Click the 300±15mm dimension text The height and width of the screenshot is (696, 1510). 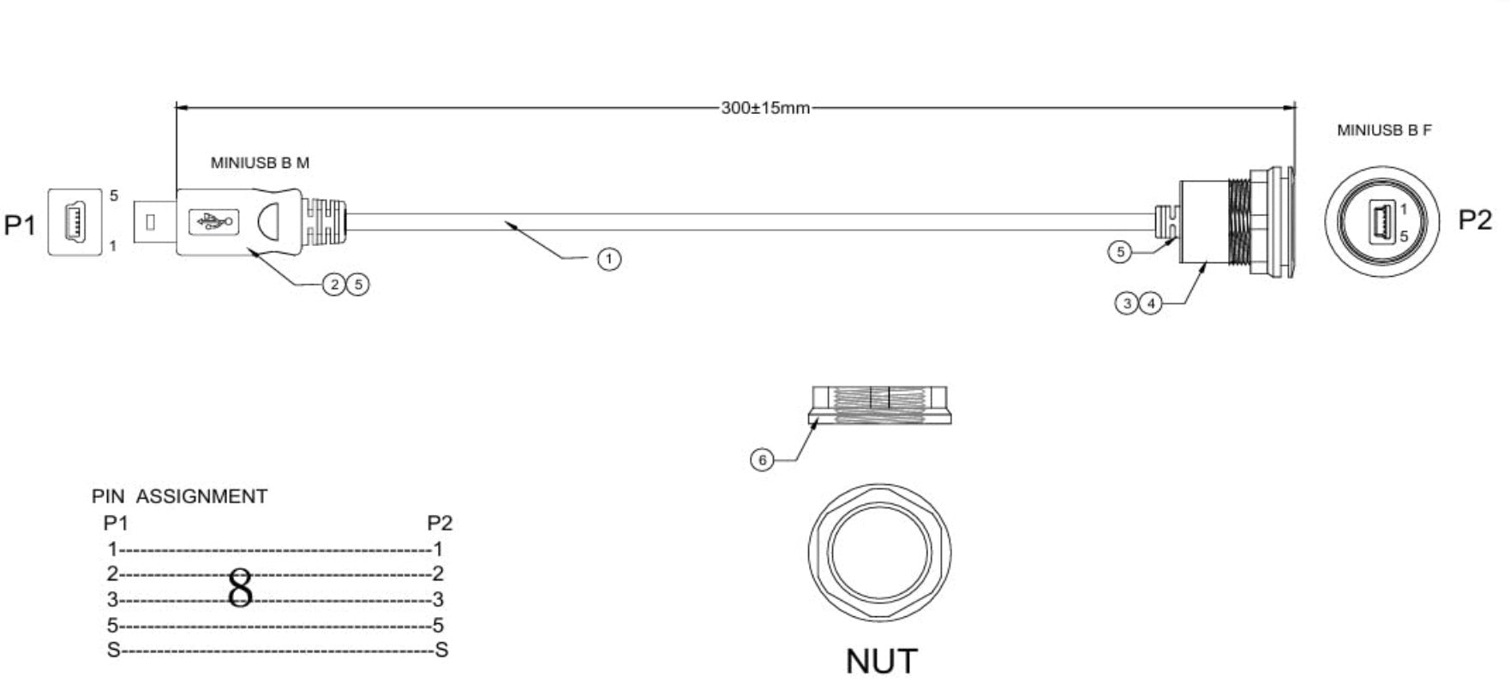(764, 108)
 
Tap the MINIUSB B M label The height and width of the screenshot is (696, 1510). (260, 163)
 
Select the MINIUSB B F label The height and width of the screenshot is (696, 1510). (1383, 130)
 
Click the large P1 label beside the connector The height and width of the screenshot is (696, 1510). (20, 225)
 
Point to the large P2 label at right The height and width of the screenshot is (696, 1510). (1474, 220)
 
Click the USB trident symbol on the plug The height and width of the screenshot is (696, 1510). (213, 223)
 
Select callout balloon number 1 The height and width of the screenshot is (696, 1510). (608, 259)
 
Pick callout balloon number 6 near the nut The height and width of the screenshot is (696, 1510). (762, 460)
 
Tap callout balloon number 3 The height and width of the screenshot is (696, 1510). (1127, 303)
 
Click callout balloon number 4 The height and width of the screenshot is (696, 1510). (1151, 303)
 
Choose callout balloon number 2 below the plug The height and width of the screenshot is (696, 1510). (333, 285)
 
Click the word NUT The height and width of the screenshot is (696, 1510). (881, 661)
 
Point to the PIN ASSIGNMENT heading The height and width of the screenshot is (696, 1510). (179, 496)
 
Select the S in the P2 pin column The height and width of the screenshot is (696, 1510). (441, 651)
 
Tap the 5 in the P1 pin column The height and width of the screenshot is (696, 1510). (112, 625)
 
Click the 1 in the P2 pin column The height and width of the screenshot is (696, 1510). (438, 549)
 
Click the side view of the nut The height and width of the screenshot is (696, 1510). (880, 405)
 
